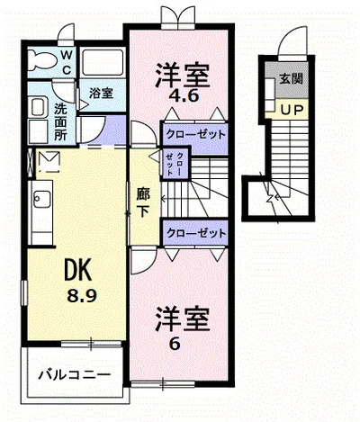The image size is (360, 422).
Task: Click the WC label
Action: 67,63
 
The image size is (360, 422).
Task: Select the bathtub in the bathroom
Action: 103,62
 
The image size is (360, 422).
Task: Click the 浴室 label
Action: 101,94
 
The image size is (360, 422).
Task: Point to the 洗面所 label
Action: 60,122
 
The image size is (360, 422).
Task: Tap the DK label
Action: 77,270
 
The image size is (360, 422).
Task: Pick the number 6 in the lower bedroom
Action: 175,344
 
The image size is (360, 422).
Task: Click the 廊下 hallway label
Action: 143,202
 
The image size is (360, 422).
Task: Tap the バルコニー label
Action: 75,374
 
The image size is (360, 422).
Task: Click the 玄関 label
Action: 291,78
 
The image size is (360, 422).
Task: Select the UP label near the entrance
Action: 291,111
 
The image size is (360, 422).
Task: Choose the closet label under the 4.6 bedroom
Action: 195,134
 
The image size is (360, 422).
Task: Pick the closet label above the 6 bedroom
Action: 196,233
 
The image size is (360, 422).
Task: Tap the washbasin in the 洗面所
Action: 38,107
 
